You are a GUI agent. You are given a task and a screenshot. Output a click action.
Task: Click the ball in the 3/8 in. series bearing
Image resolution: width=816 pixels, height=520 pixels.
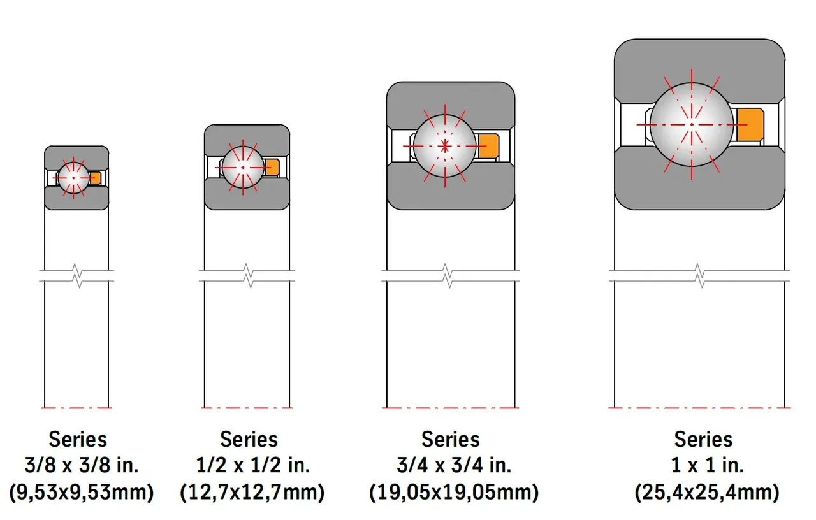click(73, 178)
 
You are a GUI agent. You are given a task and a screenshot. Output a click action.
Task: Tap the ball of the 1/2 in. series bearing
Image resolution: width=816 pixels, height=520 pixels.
click(243, 168)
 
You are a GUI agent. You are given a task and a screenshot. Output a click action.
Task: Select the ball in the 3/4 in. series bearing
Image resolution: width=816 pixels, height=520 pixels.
click(445, 146)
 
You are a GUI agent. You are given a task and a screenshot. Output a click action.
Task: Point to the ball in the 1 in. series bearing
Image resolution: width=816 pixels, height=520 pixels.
click(692, 124)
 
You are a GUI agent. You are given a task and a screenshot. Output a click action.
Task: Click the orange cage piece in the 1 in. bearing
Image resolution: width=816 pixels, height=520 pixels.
click(750, 124)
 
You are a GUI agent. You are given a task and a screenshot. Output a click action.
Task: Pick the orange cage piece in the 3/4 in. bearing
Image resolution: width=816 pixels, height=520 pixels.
click(489, 146)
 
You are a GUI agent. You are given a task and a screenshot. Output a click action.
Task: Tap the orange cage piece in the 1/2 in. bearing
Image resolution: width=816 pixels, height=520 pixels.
click(272, 168)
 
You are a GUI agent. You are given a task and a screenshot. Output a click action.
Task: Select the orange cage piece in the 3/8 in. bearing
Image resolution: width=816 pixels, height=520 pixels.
click(96, 178)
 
